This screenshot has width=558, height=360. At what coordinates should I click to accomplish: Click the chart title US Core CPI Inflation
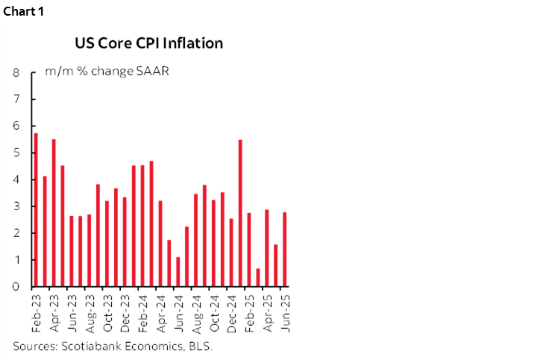point(148,43)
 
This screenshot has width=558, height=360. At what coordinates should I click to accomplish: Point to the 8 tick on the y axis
point(16,73)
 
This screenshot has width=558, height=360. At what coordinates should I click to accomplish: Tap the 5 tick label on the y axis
point(16,153)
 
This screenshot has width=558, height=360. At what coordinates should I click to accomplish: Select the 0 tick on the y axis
point(16,287)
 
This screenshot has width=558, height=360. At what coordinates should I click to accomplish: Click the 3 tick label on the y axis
point(16,206)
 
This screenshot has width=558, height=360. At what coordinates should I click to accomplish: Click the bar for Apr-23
point(54,213)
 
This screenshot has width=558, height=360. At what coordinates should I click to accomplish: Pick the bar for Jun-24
point(178,272)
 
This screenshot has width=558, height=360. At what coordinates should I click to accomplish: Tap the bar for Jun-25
point(284,250)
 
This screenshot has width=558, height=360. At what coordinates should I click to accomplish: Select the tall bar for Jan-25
point(240,213)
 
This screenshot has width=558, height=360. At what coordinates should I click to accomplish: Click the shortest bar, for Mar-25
point(257,278)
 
